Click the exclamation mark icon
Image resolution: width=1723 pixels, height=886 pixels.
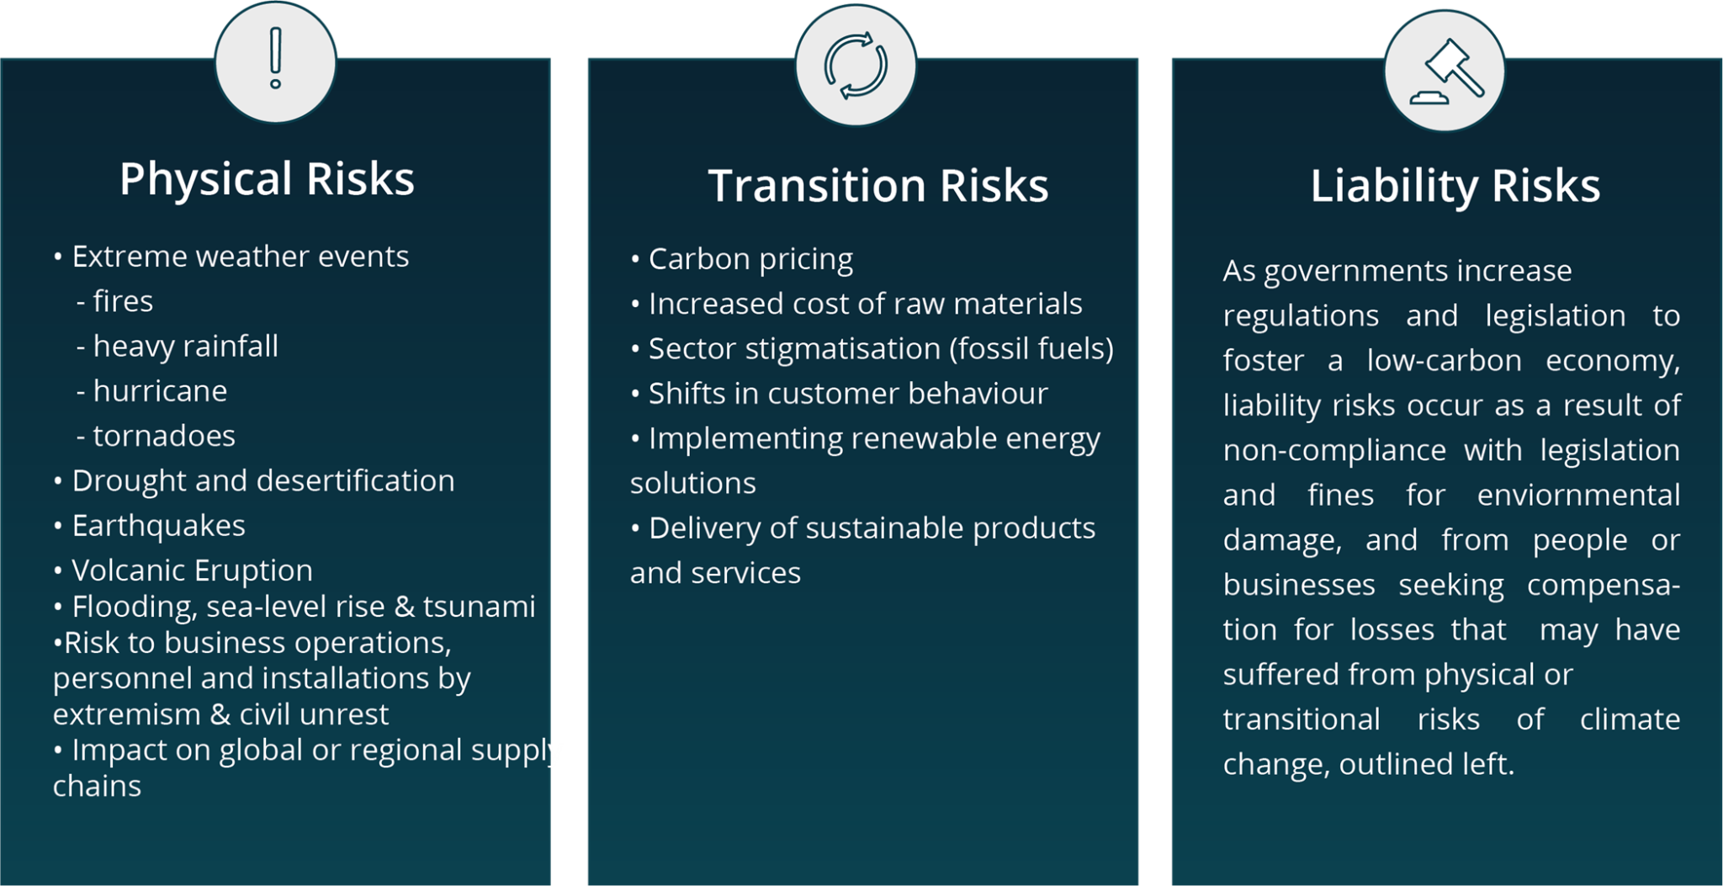pyautogui.click(x=275, y=59)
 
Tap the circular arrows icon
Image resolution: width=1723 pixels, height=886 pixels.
pyautogui.click(x=856, y=66)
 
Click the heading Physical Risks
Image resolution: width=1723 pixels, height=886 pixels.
pyautogui.click(x=267, y=179)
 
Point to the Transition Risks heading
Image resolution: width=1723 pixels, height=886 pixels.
pyautogui.click(x=878, y=186)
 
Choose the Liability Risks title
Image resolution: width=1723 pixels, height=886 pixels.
pyautogui.click(x=1455, y=186)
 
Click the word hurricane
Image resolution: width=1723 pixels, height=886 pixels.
pyautogui.click(x=160, y=391)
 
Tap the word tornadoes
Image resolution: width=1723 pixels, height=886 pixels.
pyautogui.click(x=164, y=436)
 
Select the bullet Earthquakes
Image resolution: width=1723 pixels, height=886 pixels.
pyautogui.click(x=158, y=526)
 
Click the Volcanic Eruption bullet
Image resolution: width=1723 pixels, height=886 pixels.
pyautogui.click(x=192, y=570)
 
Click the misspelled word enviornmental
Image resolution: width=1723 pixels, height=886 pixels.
pyautogui.click(x=1578, y=495)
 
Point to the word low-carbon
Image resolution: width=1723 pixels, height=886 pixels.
pyautogui.click(x=1444, y=361)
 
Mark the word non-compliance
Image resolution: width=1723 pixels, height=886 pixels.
pyautogui.click(x=1334, y=450)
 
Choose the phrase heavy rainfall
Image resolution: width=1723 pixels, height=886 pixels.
pyautogui.click(x=185, y=346)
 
